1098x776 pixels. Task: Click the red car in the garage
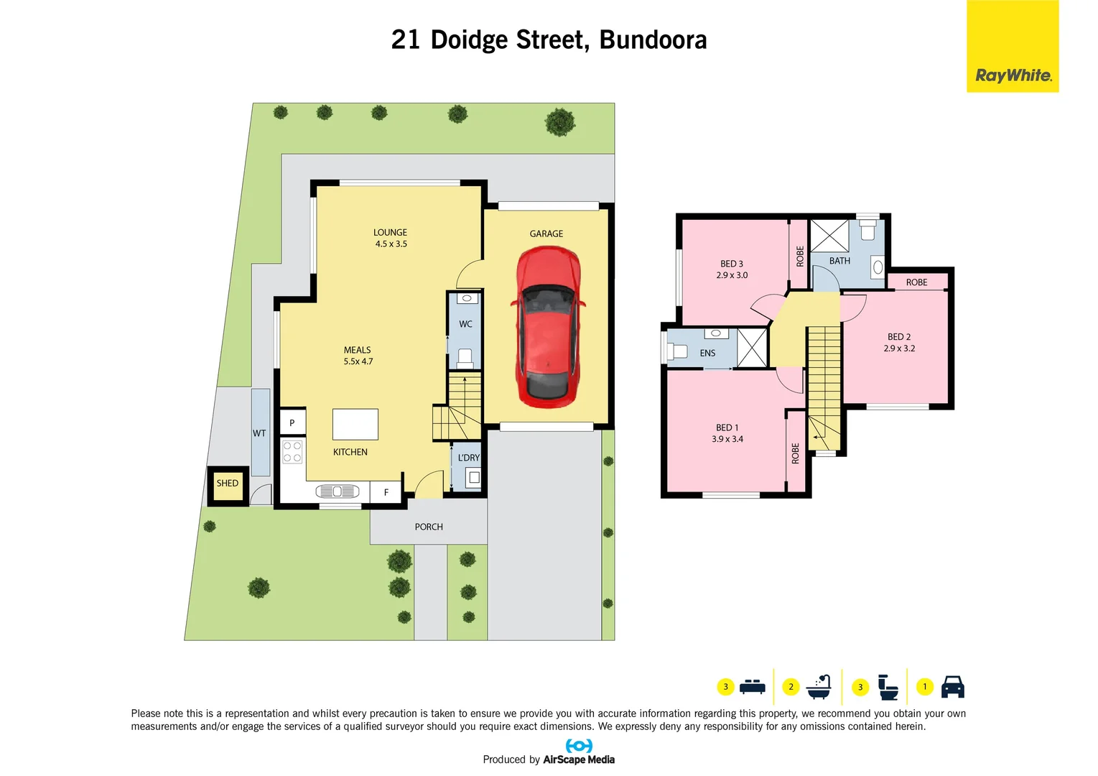[x=547, y=327]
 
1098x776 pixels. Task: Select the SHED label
[x=228, y=484]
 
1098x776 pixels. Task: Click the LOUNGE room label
[x=390, y=233]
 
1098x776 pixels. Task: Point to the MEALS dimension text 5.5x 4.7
[x=358, y=361]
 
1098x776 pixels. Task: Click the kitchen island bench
[x=355, y=424]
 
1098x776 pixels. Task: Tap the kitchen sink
[x=337, y=491]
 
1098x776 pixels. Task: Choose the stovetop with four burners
[x=292, y=452]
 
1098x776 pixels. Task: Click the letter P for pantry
[x=292, y=423]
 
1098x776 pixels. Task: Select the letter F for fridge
[x=386, y=492]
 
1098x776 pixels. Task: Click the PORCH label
[x=429, y=527]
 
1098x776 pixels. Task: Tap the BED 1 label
[x=727, y=428]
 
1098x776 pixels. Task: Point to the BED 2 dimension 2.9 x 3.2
[x=899, y=348]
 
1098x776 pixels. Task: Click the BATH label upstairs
[x=839, y=261]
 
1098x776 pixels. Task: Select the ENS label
[x=707, y=354]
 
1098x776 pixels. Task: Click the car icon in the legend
[x=952, y=687]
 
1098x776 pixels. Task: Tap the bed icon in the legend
[x=752, y=687]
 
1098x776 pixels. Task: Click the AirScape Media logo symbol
[x=579, y=746]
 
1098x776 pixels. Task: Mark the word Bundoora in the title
[x=653, y=40]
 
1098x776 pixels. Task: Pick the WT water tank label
[x=259, y=433]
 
